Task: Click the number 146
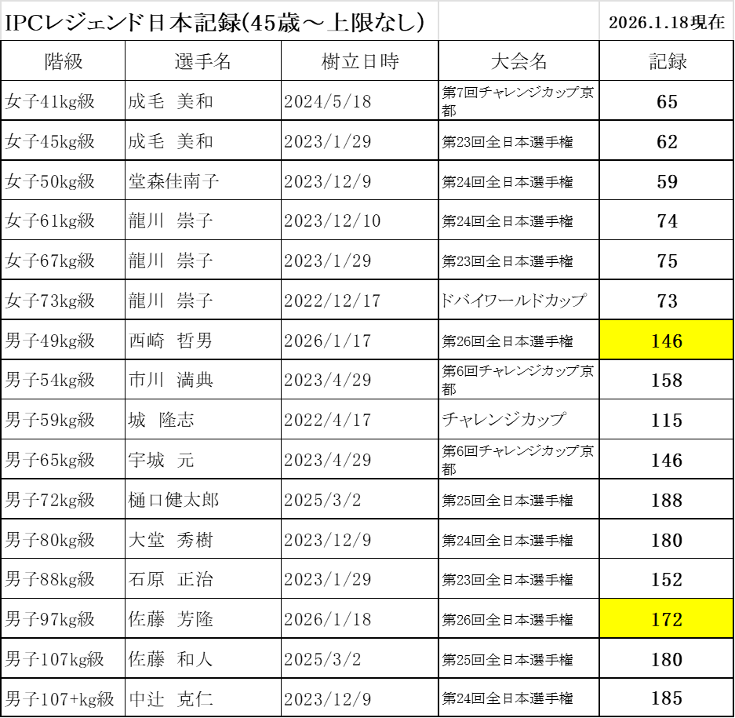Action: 667,341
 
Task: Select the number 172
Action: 667,619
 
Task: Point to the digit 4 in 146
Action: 666,341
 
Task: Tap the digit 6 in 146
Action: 677,341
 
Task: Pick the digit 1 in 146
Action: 656,341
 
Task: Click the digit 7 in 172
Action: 666,619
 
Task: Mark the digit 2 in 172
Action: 677,619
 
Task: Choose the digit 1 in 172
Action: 656,619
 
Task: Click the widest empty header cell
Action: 220,20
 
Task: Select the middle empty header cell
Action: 519,20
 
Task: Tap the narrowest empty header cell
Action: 666,20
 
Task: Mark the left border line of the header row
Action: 1,20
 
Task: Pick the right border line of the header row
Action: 733,20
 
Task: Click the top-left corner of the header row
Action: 1,2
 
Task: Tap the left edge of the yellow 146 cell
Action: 601,339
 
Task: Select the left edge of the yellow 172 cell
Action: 601,618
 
